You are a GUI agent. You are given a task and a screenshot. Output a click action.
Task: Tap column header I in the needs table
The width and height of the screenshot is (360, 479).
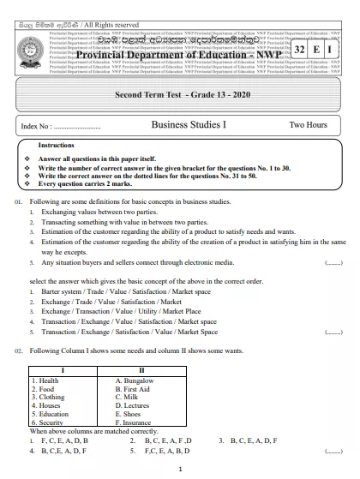(x=69, y=370)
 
